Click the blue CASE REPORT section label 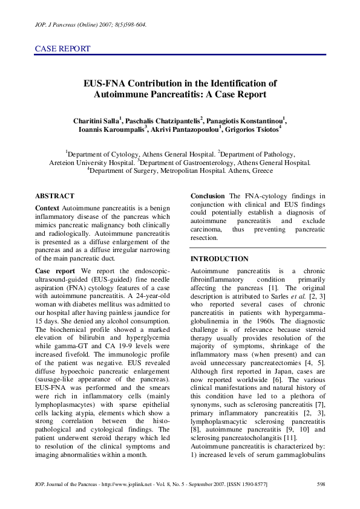click(x=63, y=49)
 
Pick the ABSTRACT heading click(x=54, y=196)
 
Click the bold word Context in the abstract click(x=47, y=208)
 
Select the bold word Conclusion click(x=208, y=196)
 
